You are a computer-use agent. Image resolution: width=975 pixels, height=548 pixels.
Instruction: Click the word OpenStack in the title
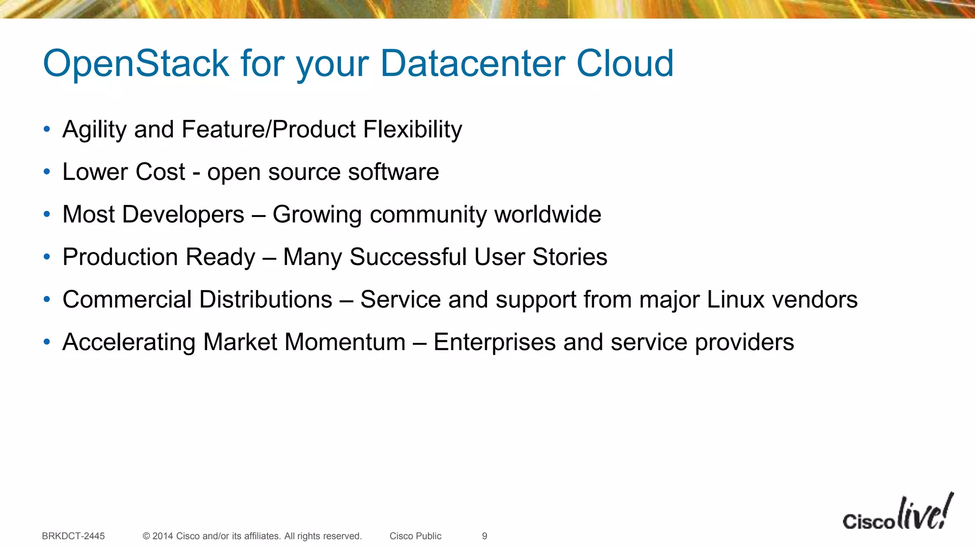[136, 63]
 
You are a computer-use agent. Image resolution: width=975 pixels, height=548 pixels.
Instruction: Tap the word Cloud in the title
[625, 63]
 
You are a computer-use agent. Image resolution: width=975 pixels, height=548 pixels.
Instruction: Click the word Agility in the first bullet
[95, 130]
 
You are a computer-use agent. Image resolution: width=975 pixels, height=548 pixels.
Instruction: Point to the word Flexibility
[412, 130]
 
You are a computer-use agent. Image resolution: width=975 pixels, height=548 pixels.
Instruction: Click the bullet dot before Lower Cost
[47, 172]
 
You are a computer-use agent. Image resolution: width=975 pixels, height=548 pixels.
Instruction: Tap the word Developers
[183, 215]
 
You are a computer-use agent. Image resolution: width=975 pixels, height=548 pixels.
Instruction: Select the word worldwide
[547, 215]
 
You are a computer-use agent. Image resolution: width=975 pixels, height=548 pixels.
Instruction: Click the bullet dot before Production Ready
[47, 257]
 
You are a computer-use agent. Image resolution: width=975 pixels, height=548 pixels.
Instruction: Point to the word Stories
[569, 257]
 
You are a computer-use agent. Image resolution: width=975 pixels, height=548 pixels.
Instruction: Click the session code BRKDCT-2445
[73, 536]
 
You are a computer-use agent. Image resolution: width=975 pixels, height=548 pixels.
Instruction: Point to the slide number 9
[485, 536]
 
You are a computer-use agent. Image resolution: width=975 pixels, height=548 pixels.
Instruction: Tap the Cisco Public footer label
[415, 536]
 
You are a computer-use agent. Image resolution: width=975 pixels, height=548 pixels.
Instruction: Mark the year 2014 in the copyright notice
[163, 536]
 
